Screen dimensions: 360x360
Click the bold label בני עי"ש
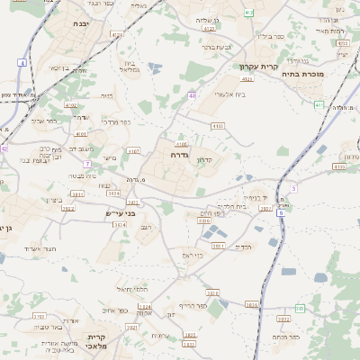pyautogui.click(x=118, y=213)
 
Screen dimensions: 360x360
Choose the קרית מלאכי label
pyautogui.click(x=97, y=343)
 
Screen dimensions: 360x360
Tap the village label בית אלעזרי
pyautogui.click(x=211, y=93)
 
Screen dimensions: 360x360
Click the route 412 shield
pyautogui.click(x=248, y=13)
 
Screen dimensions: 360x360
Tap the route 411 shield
pyautogui.click(x=319, y=104)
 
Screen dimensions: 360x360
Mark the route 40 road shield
pyautogui.click(x=193, y=94)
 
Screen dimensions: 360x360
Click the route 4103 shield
pyautogui.click(x=218, y=126)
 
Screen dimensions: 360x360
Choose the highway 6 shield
pyautogui.click(x=281, y=213)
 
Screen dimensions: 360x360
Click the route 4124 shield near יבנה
pyautogui.click(x=118, y=34)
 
